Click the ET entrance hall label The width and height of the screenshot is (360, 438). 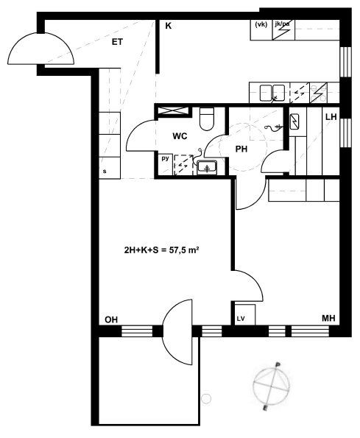click(117, 42)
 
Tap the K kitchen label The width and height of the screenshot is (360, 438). click(168, 26)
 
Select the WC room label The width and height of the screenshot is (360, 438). click(180, 136)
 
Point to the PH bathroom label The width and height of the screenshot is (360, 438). click(241, 149)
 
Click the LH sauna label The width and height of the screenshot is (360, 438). click(331, 117)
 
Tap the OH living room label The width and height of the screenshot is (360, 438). click(111, 319)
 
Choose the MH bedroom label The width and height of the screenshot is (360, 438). click(328, 318)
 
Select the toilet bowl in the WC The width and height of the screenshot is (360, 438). click(207, 119)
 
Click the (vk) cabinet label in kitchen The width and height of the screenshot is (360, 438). click(261, 24)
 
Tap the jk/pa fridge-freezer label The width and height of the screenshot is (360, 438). click(282, 24)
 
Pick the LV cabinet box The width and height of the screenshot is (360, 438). click(245, 315)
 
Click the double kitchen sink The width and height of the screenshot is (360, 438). click(272, 93)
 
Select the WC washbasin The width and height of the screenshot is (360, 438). click(207, 168)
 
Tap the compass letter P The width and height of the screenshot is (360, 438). click(278, 364)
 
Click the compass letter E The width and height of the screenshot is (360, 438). click(265, 409)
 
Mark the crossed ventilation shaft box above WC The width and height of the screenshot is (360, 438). click(174, 110)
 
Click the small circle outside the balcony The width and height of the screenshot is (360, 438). click(206, 398)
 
